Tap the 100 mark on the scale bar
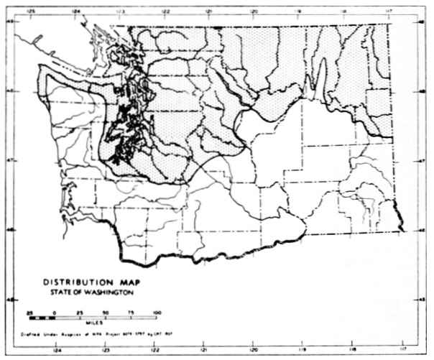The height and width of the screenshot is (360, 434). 157,313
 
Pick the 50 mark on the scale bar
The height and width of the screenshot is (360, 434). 106,313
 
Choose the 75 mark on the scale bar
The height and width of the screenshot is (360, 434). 131,313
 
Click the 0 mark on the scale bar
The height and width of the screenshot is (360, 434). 55,313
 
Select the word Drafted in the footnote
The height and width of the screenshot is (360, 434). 32,335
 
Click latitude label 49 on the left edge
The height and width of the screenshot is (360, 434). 9,22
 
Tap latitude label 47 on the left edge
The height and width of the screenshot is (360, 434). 9,162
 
